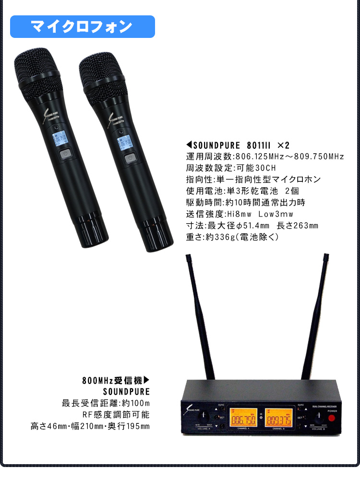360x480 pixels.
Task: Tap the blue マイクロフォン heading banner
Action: click(x=82, y=27)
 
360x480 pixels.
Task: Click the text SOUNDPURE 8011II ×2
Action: click(x=238, y=145)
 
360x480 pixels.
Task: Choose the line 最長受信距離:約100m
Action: click(x=106, y=403)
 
